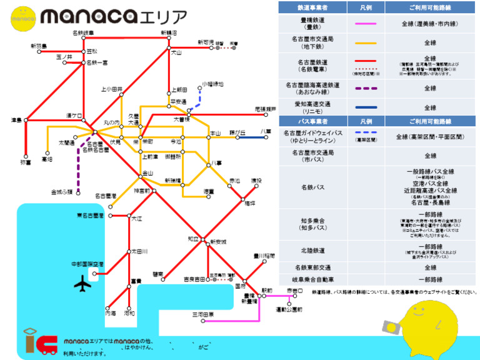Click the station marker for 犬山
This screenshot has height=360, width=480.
click(x=169, y=47)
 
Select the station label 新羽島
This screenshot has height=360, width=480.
click(x=38, y=46)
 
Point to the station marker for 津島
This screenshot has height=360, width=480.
click(x=26, y=119)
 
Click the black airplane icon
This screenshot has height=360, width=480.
click(x=82, y=284)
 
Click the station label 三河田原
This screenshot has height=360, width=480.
click(x=202, y=314)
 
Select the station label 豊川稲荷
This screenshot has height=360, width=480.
click(x=264, y=255)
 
